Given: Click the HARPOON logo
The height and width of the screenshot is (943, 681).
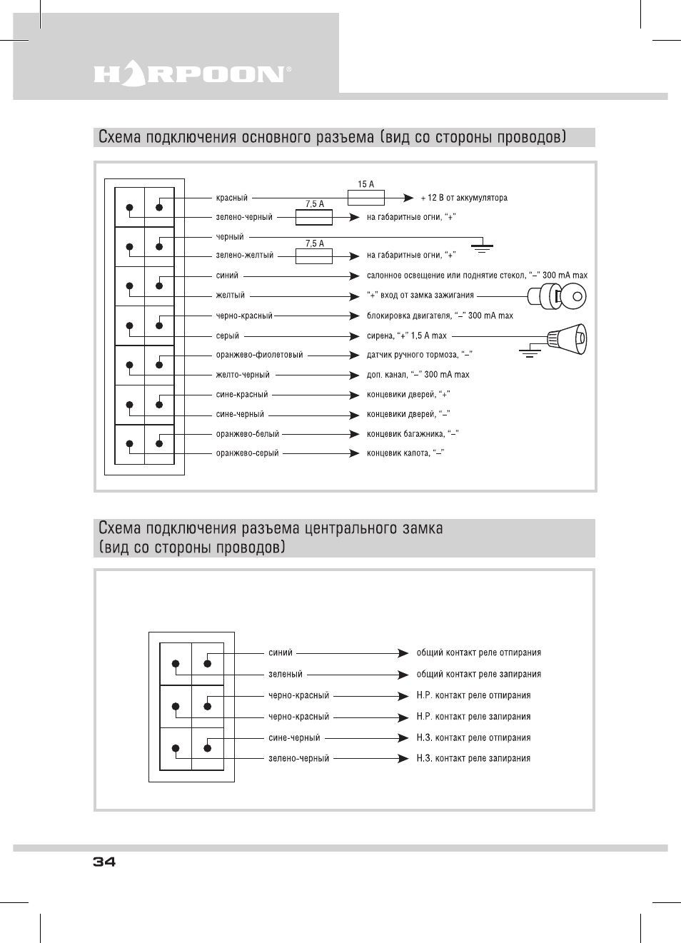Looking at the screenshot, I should (192, 74).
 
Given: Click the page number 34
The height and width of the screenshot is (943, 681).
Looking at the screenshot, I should (104, 862).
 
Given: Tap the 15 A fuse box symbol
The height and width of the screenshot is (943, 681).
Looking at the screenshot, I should (365, 198).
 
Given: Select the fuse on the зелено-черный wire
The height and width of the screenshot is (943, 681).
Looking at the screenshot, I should (314, 217).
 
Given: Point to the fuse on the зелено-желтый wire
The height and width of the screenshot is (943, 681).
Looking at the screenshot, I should (314, 256).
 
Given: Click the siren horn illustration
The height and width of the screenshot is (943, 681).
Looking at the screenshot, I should (567, 339).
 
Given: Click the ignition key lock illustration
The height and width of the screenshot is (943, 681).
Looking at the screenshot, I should (558, 296).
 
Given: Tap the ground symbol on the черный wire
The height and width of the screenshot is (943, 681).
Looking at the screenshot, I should (483, 248).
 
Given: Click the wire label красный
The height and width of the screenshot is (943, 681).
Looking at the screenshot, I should (232, 198).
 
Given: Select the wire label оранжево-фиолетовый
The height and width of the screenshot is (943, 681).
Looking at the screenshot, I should (259, 355).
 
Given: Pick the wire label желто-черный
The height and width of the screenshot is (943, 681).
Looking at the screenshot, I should (243, 375).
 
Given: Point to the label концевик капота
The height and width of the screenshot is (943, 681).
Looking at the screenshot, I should (398, 453).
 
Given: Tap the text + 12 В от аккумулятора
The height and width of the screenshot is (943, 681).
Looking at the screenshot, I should (464, 198).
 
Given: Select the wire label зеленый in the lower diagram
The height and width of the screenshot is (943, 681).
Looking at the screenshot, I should (286, 674).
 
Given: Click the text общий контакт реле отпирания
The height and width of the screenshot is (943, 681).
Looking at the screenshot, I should (478, 652).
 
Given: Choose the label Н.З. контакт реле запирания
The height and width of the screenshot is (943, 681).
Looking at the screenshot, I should (473, 758).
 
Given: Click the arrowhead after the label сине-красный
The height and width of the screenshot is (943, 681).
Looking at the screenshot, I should (354, 395).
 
